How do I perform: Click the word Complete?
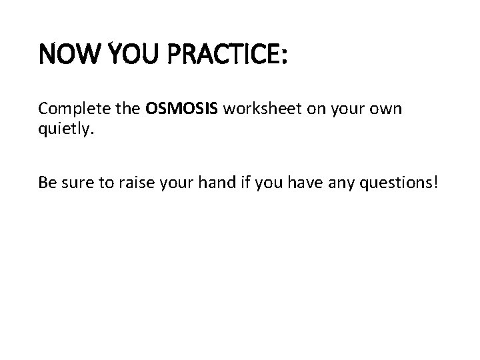(71, 109)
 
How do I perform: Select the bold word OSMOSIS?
(182, 109)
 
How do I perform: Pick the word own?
(386, 109)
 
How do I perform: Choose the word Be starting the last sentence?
(47, 182)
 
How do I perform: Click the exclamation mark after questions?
(437, 182)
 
